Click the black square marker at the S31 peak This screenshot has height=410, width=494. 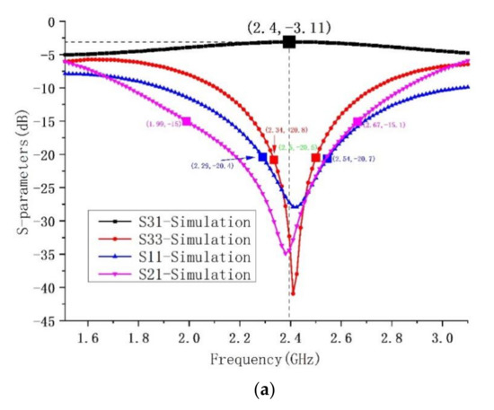(x=289, y=41)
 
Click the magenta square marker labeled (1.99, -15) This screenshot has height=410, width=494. (x=187, y=121)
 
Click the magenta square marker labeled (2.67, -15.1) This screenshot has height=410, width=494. (x=357, y=122)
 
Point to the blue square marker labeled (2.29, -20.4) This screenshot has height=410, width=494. (x=262, y=157)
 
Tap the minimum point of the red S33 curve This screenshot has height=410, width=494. (x=294, y=293)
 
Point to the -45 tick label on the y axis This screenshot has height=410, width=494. (x=56, y=321)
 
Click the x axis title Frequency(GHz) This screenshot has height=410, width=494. (x=260, y=359)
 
